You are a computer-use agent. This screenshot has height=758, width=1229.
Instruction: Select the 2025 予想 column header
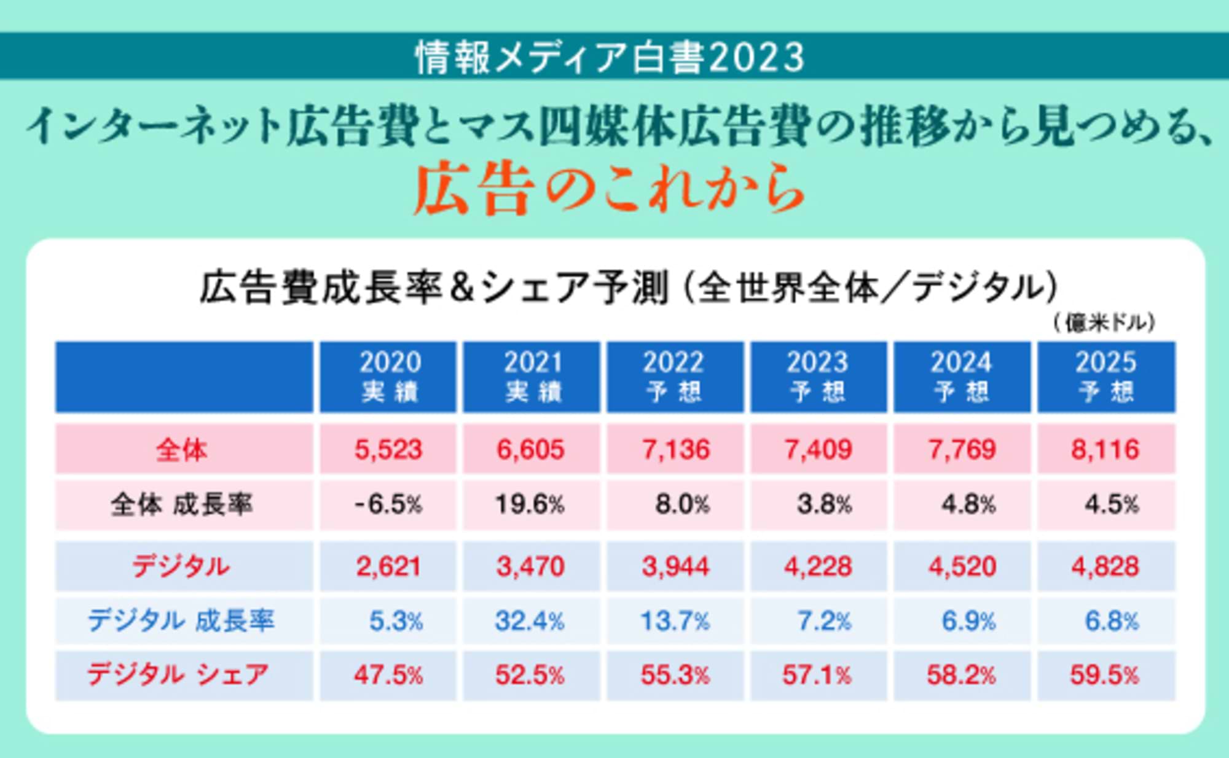coord(1106,377)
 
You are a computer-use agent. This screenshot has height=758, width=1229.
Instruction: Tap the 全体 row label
coord(183,450)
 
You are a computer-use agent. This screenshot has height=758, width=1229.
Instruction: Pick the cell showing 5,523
coord(388,450)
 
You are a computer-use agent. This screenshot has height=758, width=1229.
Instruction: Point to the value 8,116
coord(1105,450)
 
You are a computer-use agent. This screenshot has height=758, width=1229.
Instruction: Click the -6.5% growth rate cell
coord(388,505)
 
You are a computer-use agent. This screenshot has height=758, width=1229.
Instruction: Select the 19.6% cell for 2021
coord(530,505)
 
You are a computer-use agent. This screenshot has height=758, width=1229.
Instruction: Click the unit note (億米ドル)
coord(1104,322)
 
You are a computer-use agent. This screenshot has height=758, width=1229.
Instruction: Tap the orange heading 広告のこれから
coord(608,189)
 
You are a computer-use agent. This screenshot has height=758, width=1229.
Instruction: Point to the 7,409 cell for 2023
coord(818,450)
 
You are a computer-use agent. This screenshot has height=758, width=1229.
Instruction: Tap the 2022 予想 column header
coord(675,377)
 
